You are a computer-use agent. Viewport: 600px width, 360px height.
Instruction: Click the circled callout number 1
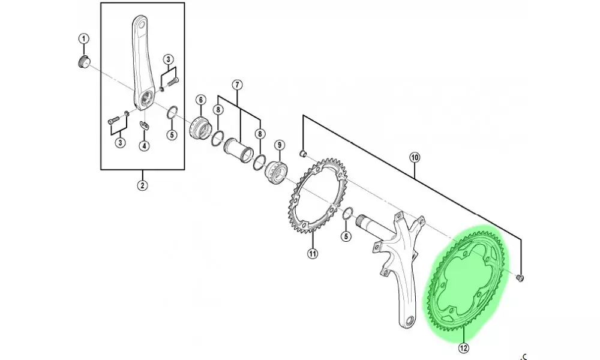coord(84,38)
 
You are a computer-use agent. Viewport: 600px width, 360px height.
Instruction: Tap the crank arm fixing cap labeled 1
coord(83,62)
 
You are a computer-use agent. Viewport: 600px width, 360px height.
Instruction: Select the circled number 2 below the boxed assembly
coord(142,185)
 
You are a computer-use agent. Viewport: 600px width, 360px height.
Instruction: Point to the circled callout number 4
coord(144,146)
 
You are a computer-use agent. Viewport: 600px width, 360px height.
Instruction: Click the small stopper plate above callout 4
coord(144,124)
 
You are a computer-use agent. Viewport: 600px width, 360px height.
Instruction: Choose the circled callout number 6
coord(200,100)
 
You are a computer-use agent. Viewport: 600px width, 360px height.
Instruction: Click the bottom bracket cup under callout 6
coord(200,128)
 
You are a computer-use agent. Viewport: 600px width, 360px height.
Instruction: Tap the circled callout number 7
coord(237,85)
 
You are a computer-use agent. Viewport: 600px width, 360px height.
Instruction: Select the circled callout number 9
coord(280,145)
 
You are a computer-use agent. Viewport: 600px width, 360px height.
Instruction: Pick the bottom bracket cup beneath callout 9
coord(276,173)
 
